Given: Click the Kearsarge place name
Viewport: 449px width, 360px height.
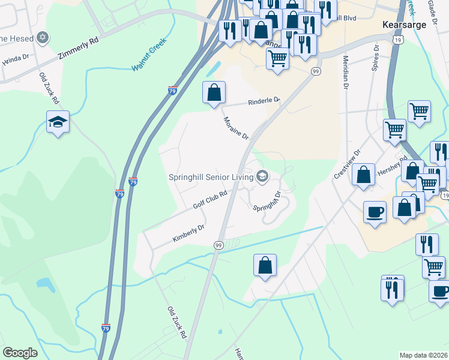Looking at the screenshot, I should [x=405, y=25].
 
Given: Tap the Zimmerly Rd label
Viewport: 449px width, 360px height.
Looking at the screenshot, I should [x=78, y=49].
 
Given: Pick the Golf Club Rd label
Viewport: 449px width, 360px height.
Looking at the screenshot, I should [x=209, y=200].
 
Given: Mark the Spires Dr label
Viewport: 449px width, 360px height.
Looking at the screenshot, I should [x=375, y=58].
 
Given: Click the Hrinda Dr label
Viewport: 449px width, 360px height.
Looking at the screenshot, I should [x=15, y=58].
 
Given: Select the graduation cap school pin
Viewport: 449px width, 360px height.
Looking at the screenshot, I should [x=58, y=122].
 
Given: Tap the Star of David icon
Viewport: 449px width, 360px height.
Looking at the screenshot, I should [x=42, y=38].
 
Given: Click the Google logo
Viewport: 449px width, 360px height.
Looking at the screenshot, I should [x=20, y=353].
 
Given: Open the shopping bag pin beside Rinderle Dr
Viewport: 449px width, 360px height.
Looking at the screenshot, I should [x=214, y=93].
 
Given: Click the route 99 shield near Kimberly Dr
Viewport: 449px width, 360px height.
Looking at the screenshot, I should [x=218, y=245].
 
